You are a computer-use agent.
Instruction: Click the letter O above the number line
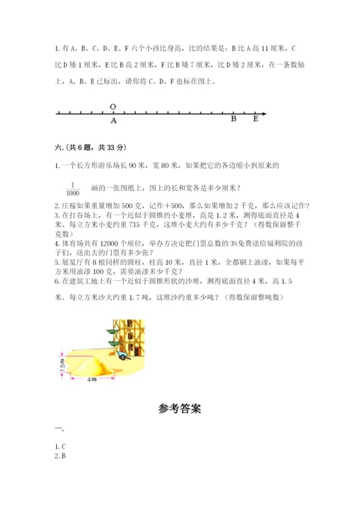coord(113,106)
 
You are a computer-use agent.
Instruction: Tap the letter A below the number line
coord(114,121)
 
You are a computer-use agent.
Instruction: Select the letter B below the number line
coord(233,120)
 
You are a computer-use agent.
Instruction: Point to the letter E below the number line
coord(256,120)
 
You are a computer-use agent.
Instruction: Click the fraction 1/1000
coord(71,189)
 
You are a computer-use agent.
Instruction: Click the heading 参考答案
coord(180,409)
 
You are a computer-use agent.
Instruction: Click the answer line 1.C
coord(60,446)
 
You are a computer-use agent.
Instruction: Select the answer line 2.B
coord(60,456)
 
